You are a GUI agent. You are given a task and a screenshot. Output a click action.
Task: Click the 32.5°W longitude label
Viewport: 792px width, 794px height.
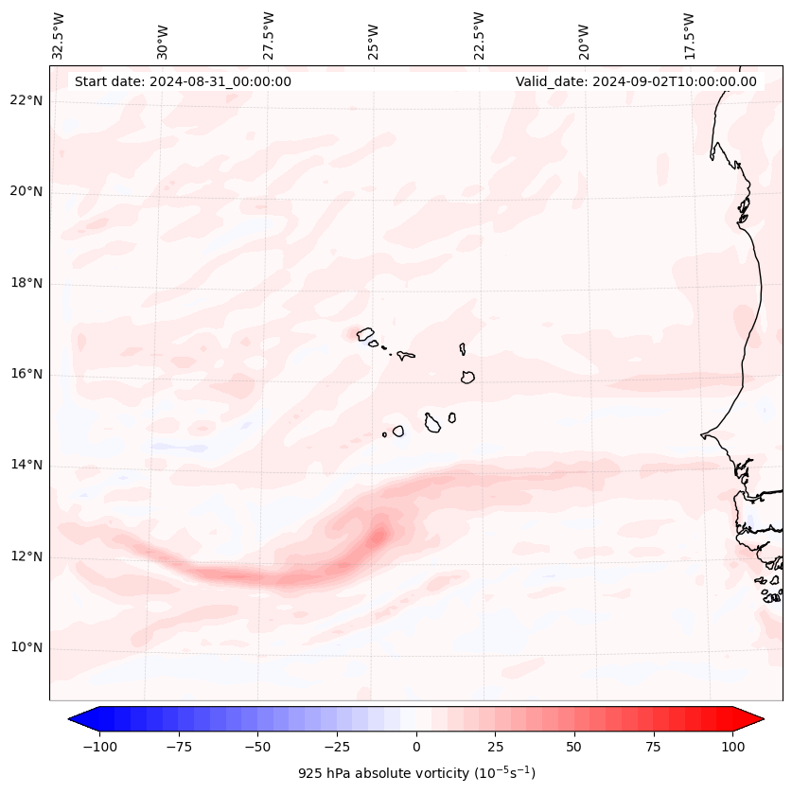(x=59, y=35)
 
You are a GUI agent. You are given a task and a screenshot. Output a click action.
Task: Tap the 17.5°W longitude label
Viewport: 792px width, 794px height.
(x=689, y=35)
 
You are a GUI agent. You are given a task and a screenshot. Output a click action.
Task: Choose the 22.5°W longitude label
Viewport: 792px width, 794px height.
(x=479, y=35)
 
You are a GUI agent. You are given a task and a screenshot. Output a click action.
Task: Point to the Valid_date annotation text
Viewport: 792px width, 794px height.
(x=636, y=81)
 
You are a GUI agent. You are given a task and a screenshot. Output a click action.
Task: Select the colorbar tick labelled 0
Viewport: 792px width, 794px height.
(x=416, y=747)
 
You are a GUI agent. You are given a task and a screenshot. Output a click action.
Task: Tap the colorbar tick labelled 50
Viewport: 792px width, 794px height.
(x=574, y=747)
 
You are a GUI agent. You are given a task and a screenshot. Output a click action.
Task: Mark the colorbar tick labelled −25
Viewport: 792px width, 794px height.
(x=337, y=747)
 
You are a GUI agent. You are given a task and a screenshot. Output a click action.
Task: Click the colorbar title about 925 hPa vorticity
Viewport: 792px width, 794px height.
(x=416, y=773)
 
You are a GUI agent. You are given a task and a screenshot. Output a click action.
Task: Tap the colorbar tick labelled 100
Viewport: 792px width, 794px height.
(x=732, y=747)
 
